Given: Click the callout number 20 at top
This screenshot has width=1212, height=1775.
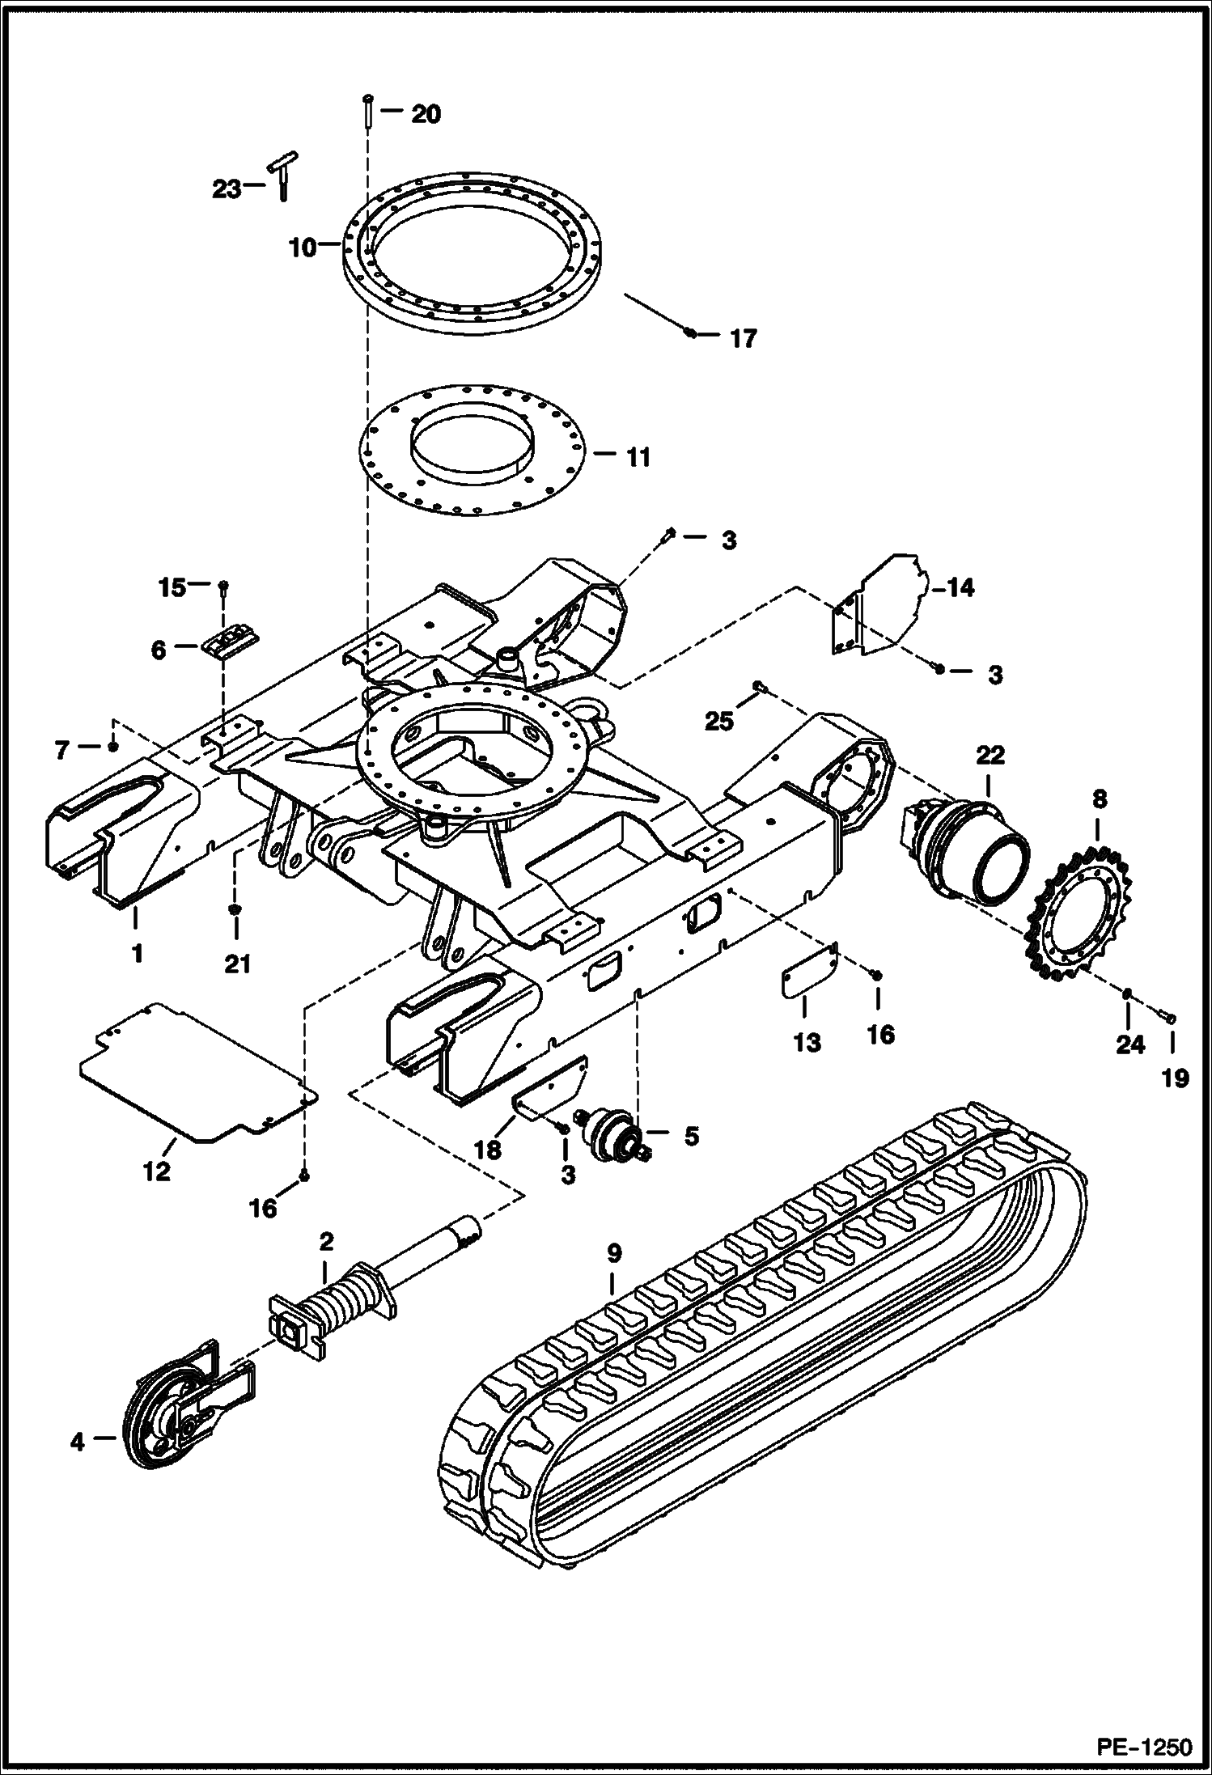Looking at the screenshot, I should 426,114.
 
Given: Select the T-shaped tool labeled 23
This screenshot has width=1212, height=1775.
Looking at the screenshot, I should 280,174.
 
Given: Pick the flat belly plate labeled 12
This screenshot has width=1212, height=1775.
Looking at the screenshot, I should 198,1070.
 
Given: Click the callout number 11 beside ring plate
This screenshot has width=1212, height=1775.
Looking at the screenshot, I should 638,458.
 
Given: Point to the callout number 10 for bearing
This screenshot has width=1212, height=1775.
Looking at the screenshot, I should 303,248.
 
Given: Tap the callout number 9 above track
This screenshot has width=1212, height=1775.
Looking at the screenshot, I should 614,1255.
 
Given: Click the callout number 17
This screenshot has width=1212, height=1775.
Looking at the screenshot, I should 743,338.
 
